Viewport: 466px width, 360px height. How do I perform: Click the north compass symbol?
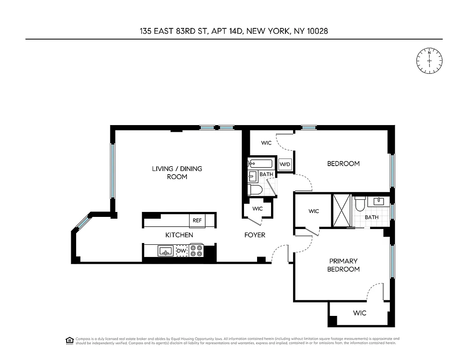click(x=429, y=60)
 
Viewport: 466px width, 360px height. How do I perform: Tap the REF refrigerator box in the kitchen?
click(x=197, y=220)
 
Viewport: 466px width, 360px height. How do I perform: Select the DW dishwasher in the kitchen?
click(x=181, y=251)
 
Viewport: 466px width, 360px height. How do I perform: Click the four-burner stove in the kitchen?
click(x=196, y=250)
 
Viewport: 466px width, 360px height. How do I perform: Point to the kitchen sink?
click(x=165, y=251)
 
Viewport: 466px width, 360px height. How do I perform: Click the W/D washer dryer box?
click(x=285, y=164)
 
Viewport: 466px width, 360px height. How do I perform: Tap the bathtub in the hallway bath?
click(x=259, y=164)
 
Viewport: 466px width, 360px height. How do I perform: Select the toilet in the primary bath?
click(x=360, y=204)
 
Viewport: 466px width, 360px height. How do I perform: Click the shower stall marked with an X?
click(x=341, y=211)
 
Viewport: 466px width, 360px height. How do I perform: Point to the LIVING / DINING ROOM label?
click(x=176, y=173)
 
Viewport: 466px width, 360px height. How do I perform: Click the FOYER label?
click(x=255, y=235)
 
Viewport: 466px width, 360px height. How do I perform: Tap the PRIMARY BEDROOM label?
click(x=344, y=265)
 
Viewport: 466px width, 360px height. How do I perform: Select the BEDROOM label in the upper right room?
click(x=343, y=164)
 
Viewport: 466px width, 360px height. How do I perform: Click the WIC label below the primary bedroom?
click(x=359, y=313)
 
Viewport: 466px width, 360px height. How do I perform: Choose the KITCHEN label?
click(x=179, y=235)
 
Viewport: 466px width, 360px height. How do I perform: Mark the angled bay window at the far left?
click(x=81, y=222)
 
